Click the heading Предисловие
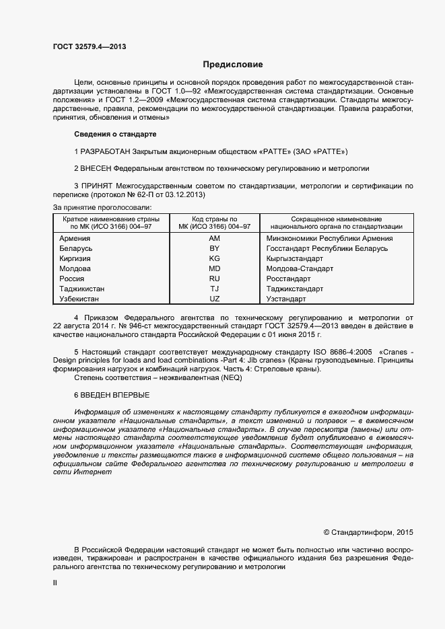coord(233,65)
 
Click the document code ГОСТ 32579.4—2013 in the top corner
coord(90,46)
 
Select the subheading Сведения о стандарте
coord(114,134)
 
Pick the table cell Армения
coord(75,239)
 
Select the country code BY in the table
coord(214,249)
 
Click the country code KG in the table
coord(214,259)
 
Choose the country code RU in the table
coord(214,279)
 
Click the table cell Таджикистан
coord(82,289)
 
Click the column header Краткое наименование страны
coord(111,219)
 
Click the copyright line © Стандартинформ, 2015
coord(368,532)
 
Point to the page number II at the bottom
coord(55,584)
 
